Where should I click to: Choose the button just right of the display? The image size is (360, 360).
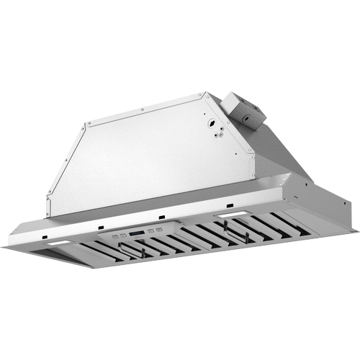pyautogui.click(x=148, y=232)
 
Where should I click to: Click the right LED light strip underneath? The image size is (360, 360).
pyautogui.click(x=233, y=216)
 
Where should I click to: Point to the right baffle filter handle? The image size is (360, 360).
pyautogui.click(x=232, y=230)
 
